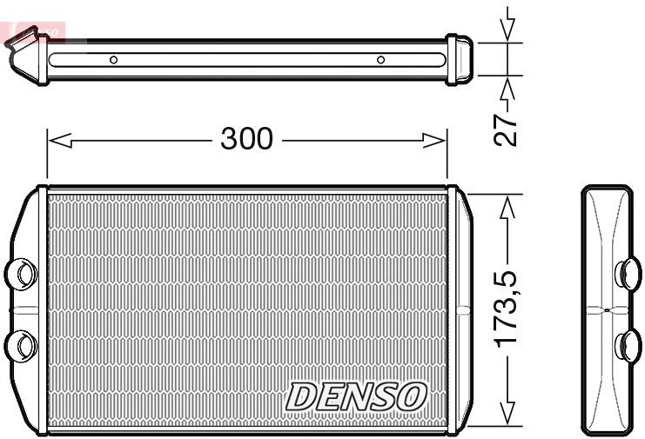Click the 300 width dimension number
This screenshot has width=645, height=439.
click(x=246, y=137)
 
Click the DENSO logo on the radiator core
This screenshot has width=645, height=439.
click(x=357, y=396)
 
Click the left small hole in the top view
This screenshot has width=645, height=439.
click(x=113, y=60)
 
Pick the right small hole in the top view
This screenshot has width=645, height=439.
click(x=380, y=60)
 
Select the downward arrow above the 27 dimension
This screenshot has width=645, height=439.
click(x=509, y=26)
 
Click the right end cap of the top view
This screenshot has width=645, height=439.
click(x=459, y=60)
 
